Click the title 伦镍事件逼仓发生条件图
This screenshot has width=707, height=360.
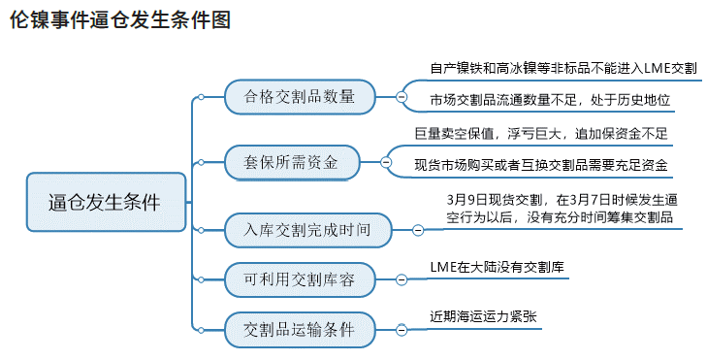121,20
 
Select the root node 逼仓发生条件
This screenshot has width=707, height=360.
105,202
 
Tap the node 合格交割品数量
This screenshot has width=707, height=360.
300,96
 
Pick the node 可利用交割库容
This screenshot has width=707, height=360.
300,279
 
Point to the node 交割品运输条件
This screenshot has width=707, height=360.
300,330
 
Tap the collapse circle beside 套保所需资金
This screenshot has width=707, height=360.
386,162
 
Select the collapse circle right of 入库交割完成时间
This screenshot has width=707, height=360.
418,230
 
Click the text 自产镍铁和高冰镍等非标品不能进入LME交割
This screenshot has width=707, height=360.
562,69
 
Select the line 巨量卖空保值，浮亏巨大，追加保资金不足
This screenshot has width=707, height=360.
540,133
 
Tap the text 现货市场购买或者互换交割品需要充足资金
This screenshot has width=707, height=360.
540,165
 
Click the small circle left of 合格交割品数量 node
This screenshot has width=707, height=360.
201,96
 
